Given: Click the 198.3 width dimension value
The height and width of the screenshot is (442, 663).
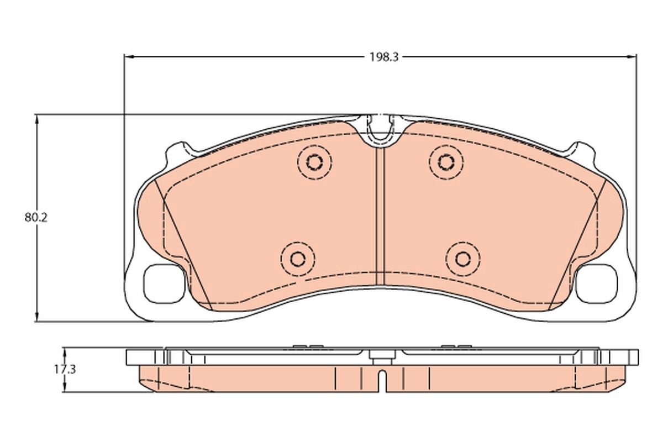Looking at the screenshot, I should [x=381, y=57].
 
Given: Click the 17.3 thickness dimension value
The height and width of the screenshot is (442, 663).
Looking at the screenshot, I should [x=64, y=370].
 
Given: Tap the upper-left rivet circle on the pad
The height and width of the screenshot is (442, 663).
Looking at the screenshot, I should [x=314, y=162].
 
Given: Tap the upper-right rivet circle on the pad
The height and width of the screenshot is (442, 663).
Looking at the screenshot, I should [x=446, y=161].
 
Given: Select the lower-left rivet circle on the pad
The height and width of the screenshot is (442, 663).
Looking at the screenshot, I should [x=298, y=258].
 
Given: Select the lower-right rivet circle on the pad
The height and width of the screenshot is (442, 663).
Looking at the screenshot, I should [x=463, y=258].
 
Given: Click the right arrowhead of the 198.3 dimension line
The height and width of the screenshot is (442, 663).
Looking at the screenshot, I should [x=633, y=56].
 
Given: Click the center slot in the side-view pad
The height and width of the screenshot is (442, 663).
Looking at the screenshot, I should [x=380, y=382].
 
